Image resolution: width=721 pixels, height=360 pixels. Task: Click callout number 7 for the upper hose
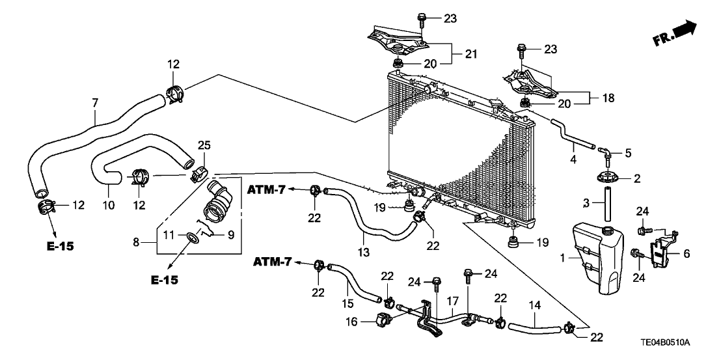95,103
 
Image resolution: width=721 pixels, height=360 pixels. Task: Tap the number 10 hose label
108,204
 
